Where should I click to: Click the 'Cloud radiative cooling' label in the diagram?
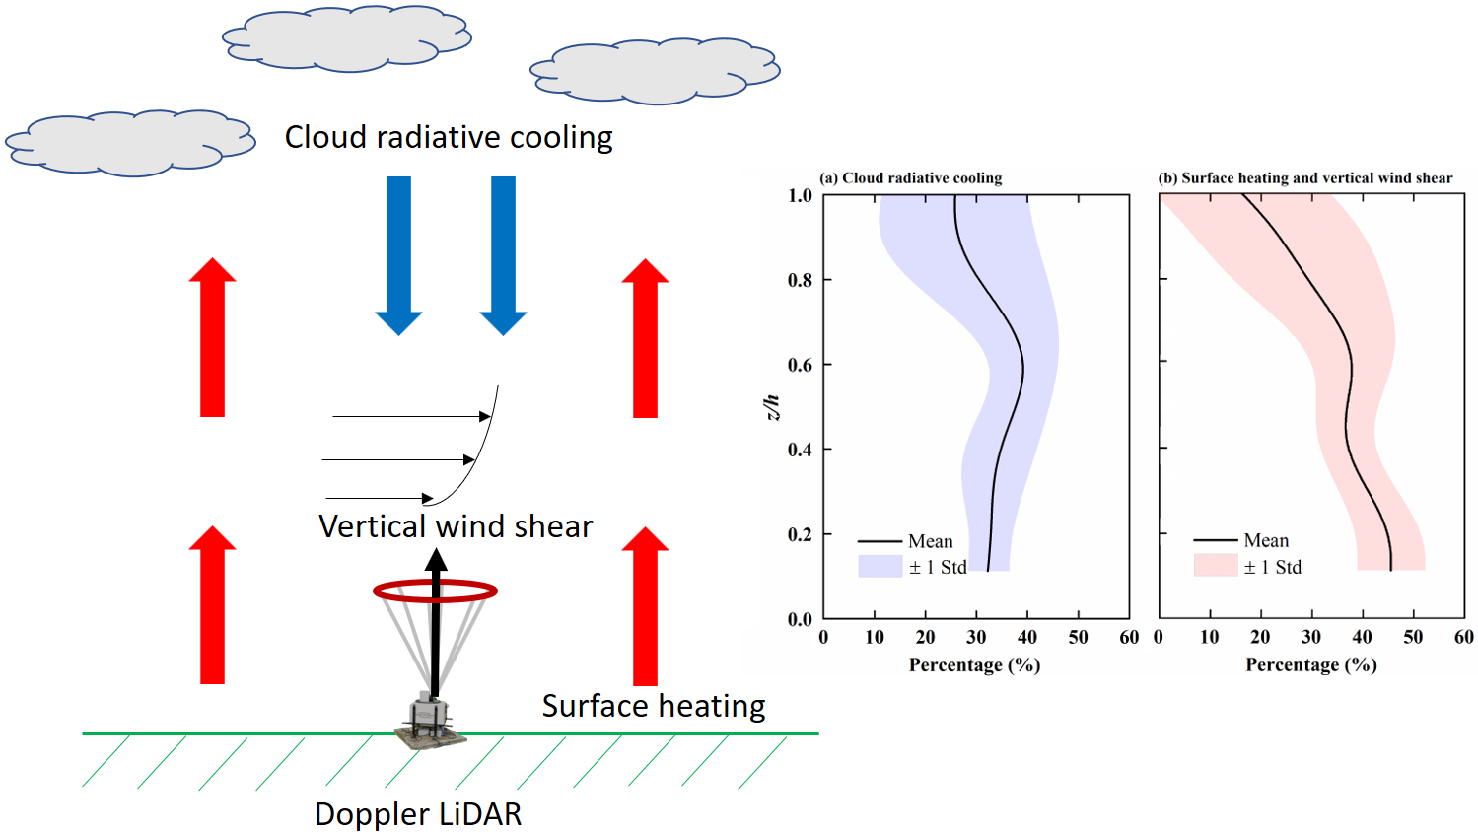[x=449, y=137]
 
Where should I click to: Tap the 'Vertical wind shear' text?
[x=456, y=526]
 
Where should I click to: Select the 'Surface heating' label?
[x=654, y=706]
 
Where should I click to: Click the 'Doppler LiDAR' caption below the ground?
[x=418, y=814]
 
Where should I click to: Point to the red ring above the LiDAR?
[x=435, y=591]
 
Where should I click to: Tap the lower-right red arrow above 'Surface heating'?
[x=645, y=605]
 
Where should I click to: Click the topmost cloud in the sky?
[x=347, y=39]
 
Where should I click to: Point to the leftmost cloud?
[x=130, y=144]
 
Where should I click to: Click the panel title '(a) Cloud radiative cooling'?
[x=911, y=178]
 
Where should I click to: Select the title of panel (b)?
[x=1304, y=178]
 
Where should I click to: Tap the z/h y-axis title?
[x=772, y=407]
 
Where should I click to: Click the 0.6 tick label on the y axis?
[x=800, y=366]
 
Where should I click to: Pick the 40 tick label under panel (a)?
[x=1026, y=638]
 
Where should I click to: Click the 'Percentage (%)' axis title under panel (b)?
[x=1311, y=665]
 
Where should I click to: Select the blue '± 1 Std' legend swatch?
[x=880, y=567]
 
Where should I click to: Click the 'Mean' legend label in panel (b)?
[x=1266, y=540]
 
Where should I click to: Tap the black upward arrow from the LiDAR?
[x=435, y=621]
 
